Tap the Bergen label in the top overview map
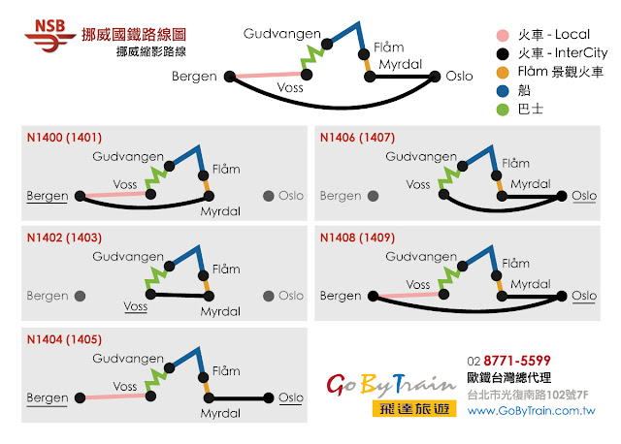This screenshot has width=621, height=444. tap(194, 77)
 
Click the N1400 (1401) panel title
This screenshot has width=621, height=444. tap(64, 138)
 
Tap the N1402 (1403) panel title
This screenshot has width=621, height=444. tap(64, 237)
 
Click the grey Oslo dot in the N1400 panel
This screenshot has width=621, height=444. tap(268, 196)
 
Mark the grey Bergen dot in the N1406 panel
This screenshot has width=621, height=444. tap(373, 196)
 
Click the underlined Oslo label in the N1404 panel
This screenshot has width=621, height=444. tap(291, 397)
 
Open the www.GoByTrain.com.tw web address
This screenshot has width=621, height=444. tap(531, 411)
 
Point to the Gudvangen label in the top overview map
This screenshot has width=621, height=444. tap(281, 34)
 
